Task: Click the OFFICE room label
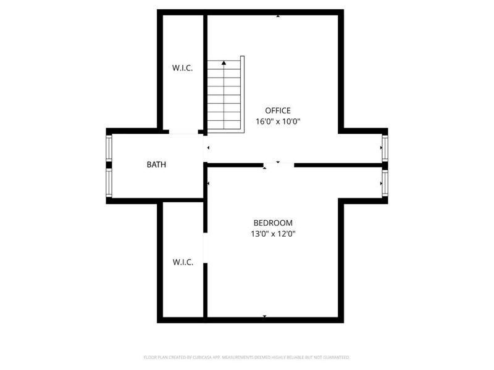278,110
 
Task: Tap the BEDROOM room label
273,223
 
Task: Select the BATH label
156,165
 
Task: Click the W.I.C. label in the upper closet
183,68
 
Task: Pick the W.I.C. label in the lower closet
183,262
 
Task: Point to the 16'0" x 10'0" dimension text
278,121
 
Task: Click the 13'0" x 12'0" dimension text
273,234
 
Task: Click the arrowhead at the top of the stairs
224,62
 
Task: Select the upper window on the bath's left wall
109,149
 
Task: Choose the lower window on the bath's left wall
109,183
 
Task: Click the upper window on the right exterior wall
385,149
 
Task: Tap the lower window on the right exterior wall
385,183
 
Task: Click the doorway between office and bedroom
279,165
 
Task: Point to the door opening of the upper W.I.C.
183,132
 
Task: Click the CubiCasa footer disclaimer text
247,357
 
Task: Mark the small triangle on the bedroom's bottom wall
265,316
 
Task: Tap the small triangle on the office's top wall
278,16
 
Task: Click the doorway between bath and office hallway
205,149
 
